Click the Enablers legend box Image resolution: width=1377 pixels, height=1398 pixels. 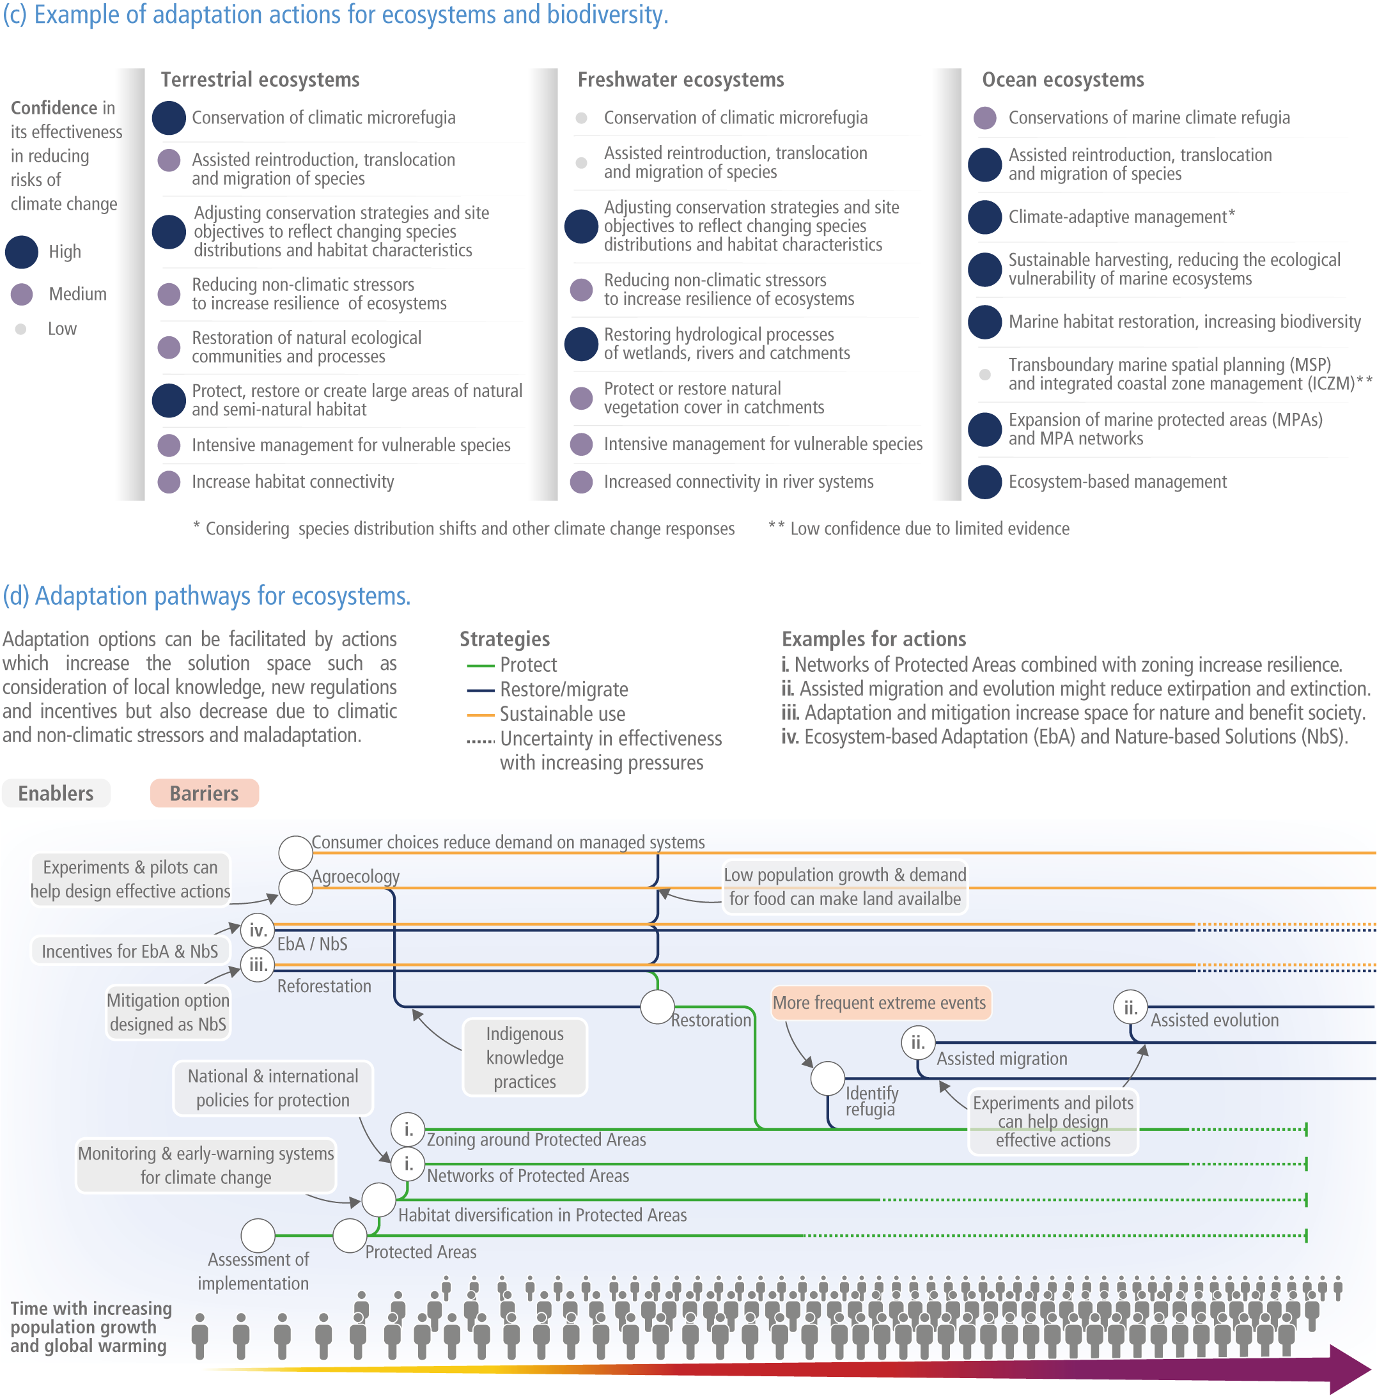coord(56,793)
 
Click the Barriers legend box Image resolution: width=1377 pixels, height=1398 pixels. coord(204,793)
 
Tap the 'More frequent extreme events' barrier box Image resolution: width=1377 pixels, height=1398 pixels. coord(880,1002)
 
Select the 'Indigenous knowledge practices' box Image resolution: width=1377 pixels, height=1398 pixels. coord(524,1057)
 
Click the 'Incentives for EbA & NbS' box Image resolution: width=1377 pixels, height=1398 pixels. coord(130,951)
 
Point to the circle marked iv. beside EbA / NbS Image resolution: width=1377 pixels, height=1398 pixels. coord(258,930)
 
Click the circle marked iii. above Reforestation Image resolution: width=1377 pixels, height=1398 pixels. coord(258,964)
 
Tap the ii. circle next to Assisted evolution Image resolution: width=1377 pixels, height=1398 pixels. coord(1130,1007)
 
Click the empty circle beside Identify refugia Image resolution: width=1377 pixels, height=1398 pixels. coord(828,1078)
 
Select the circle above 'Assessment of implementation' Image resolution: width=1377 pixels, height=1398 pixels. coord(258,1235)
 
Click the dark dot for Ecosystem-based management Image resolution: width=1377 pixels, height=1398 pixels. coord(984,482)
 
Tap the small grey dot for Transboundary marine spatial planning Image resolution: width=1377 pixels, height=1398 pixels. coord(984,375)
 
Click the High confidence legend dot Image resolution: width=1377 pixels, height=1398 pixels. coord(22,252)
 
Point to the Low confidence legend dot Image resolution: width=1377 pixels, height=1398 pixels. coord(21,329)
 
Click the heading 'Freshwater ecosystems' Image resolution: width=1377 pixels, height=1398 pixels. coord(681,79)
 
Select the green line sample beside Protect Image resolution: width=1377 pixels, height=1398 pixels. coord(480,665)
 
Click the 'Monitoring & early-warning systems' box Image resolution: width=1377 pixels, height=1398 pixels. coord(206,1165)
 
